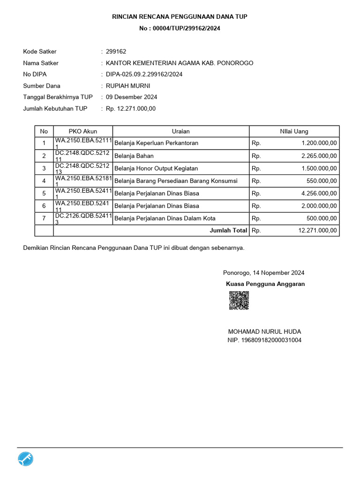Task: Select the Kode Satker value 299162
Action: click(x=116, y=52)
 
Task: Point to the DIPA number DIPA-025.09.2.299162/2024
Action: click(x=144, y=74)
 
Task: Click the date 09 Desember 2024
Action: click(x=131, y=97)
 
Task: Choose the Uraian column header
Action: click(x=180, y=131)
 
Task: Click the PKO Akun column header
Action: click(x=83, y=131)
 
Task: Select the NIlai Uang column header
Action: click(x=294, y=131)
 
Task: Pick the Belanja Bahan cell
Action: click(x=134, y=156)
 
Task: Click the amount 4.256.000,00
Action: click(x=319, y=193)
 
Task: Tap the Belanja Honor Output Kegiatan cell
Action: click(x=156, y=168)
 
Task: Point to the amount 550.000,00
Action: click(x=322, y=180)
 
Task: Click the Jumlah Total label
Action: click(x=228, y=231)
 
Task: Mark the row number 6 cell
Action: click(x=44, y=206)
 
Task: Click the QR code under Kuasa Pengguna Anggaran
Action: click(x=239, y=300)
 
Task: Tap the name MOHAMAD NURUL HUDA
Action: click(x=264, y=331)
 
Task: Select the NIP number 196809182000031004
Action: click(x=264, y=340)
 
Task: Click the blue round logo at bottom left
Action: click(x=26, y=459)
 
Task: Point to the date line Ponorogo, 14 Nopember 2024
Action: click(x=263, y=273)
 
